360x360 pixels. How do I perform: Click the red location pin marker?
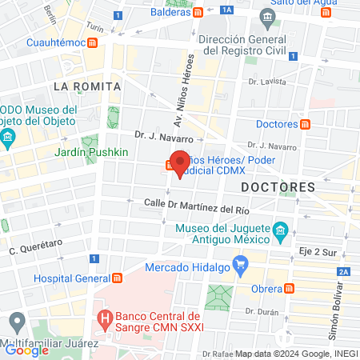(180, 163)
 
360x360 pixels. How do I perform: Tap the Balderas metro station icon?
(198, 13)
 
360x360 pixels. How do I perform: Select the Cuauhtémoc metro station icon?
(94, 42)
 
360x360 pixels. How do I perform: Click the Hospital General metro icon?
(118, 278)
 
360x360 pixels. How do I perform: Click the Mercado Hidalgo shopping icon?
(239, 263)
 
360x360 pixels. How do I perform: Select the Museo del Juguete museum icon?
(280, 234)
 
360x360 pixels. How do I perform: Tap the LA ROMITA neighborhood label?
(86, 86)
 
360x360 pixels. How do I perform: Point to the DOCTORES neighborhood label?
(278, 186)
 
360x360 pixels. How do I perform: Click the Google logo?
(26, 350)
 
